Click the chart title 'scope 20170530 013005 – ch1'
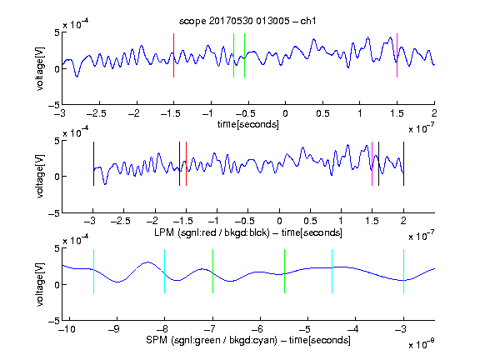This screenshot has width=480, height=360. coord(247,21)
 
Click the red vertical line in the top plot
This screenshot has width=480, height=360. coord(174,55)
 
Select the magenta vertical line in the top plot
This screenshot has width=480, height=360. coord(397,55)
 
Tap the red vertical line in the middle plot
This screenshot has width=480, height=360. coord(186,163)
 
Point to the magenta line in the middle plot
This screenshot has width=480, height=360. coord(372,163)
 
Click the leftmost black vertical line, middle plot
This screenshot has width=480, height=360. coord(93,163)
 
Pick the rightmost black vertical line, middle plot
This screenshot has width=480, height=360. coord(403,163)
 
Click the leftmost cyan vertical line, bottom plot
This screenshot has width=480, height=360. coord(93,271)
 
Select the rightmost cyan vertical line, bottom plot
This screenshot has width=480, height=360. coord(403,271)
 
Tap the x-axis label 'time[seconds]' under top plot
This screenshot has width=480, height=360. coord(248,125)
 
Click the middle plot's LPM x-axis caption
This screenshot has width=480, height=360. coord(248,232)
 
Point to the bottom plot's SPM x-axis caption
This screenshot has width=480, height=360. coord(248,340)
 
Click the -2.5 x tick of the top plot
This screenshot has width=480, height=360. coord(97,113)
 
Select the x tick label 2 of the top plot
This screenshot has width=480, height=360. coord(434,113)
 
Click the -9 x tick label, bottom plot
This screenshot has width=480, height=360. coord(114,329)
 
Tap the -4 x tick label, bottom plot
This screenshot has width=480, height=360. coord(352,329)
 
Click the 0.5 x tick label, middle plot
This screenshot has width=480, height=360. coord(310,221)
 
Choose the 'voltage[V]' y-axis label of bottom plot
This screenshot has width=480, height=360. coord(40,285)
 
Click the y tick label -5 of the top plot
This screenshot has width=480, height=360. coord(54,105)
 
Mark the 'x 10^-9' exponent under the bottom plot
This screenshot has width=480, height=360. coord(421,344)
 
